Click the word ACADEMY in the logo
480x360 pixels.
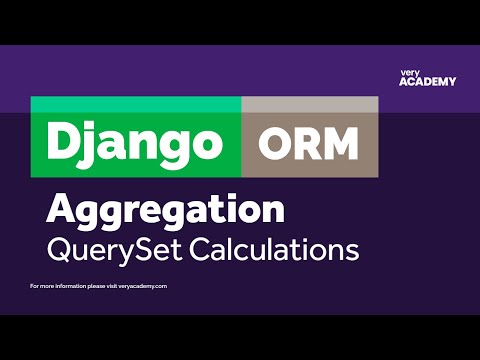tap(427, 82)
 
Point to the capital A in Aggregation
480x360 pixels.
tap(61, 210)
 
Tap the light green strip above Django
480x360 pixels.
tap(136, 104)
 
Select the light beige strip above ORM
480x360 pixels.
tap(310, 104)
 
